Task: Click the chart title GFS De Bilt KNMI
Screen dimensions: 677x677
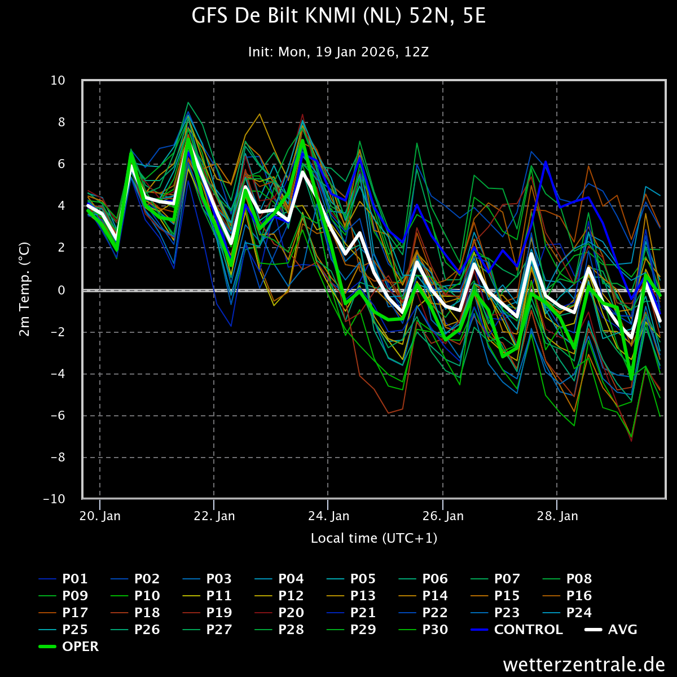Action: point(338,16)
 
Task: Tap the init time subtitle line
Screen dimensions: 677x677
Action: point(338,52)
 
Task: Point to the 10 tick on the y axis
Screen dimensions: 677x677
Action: point(58,81)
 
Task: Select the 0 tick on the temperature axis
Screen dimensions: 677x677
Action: point(61,290)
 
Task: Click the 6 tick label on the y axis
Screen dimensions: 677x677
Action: point(61,164)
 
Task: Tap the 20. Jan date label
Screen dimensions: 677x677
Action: point(100,516)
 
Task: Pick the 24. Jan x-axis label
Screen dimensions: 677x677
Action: point(329,516)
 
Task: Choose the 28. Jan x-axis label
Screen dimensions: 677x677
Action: point(557,516)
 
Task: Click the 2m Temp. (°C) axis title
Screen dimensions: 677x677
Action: point(24,289)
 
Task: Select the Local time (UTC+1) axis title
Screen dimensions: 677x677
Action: point(374,538)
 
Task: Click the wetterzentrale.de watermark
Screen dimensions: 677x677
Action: point(584,665)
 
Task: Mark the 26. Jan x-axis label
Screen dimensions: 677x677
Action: point(443,516)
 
